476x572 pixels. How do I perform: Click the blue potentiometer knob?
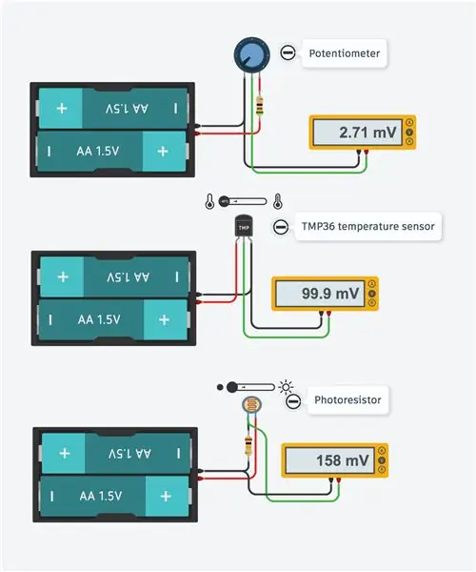[x=251, y=54]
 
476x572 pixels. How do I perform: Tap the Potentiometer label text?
[x=345, y=53]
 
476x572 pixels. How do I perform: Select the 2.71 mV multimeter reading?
[x=367, y=133]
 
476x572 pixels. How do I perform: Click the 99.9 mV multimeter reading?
[x=330, y=294]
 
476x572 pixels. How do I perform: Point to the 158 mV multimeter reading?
[x=343, y=460]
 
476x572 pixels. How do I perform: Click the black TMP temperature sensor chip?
[x=244, y=227]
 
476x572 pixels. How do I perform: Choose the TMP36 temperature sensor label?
[x=367, y=227]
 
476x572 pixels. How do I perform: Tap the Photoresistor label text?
[x=347, y=399]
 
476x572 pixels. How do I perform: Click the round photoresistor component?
[x=251, y=405]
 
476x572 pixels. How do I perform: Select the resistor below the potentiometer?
[x=259, y=106]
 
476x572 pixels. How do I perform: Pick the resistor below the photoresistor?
[x=248, y=445]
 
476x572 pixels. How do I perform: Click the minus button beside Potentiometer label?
[x=288, y=52]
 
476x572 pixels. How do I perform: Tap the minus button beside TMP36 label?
[x=281, y=227]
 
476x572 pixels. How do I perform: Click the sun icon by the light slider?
[x=286, y=387]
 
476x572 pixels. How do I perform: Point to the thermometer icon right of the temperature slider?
[x=278, y=201]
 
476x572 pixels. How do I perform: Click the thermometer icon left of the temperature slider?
[x=209, y=201]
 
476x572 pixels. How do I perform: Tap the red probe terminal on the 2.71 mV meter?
[x=366, y=152]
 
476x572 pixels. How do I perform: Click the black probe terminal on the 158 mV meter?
[x=331, y=480]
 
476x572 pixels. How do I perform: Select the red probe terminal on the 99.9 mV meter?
[x=328, y=313]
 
